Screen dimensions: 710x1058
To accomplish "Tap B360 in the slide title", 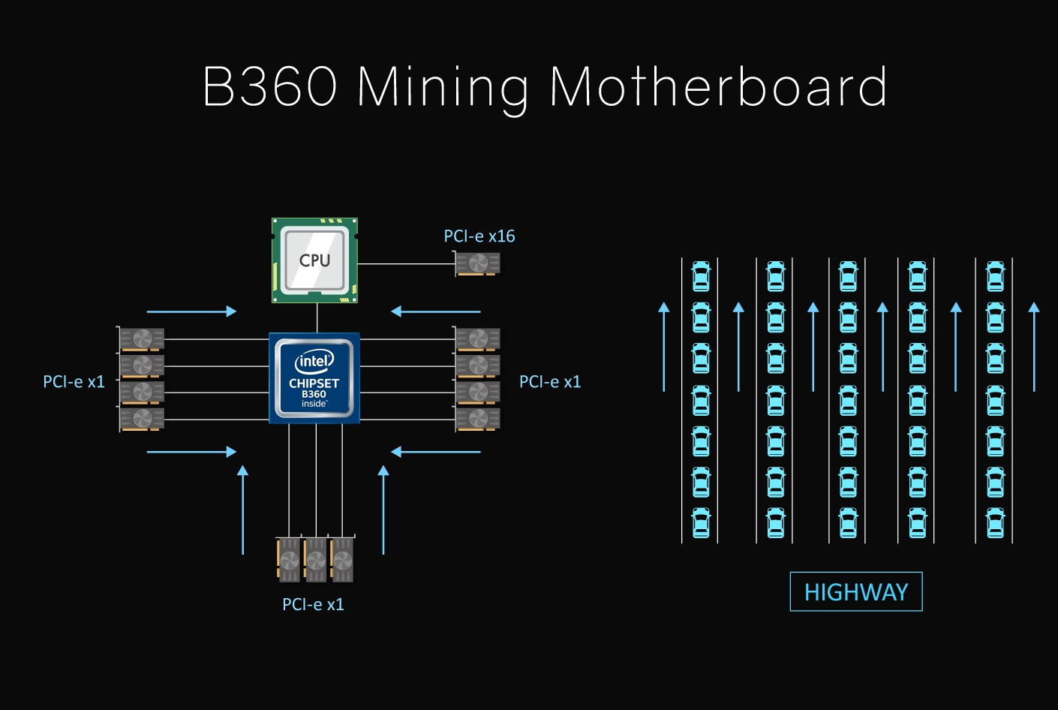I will click(270, 87).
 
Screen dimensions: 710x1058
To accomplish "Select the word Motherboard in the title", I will click(718, 87).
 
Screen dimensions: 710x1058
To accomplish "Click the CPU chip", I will click(314, 260).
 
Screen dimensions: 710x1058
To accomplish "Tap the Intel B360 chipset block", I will click(314, 378).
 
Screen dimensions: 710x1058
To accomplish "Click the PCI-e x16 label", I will click(479, 236).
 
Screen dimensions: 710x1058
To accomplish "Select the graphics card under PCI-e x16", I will click(478, 264).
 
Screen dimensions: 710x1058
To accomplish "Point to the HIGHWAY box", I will click(855, 592).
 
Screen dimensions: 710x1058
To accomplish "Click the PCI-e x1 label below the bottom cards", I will click(313, 604).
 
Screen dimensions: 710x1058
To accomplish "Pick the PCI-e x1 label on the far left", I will click(74, 382).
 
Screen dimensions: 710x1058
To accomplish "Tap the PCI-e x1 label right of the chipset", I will click(550, 382).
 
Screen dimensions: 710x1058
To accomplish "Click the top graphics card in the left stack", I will click(142, 339).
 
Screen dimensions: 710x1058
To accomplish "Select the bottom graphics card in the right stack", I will click(478, 418).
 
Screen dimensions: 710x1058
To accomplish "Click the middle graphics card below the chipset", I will click(315, 559).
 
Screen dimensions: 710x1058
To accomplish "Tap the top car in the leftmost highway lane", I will click(701, 276).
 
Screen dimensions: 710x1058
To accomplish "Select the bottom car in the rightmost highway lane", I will click(995, 523).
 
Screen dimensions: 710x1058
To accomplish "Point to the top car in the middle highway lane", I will click(848, 276).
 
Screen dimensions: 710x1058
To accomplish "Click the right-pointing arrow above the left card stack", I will click(191, 311).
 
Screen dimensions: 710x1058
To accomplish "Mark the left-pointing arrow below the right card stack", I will click(436, 452).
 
